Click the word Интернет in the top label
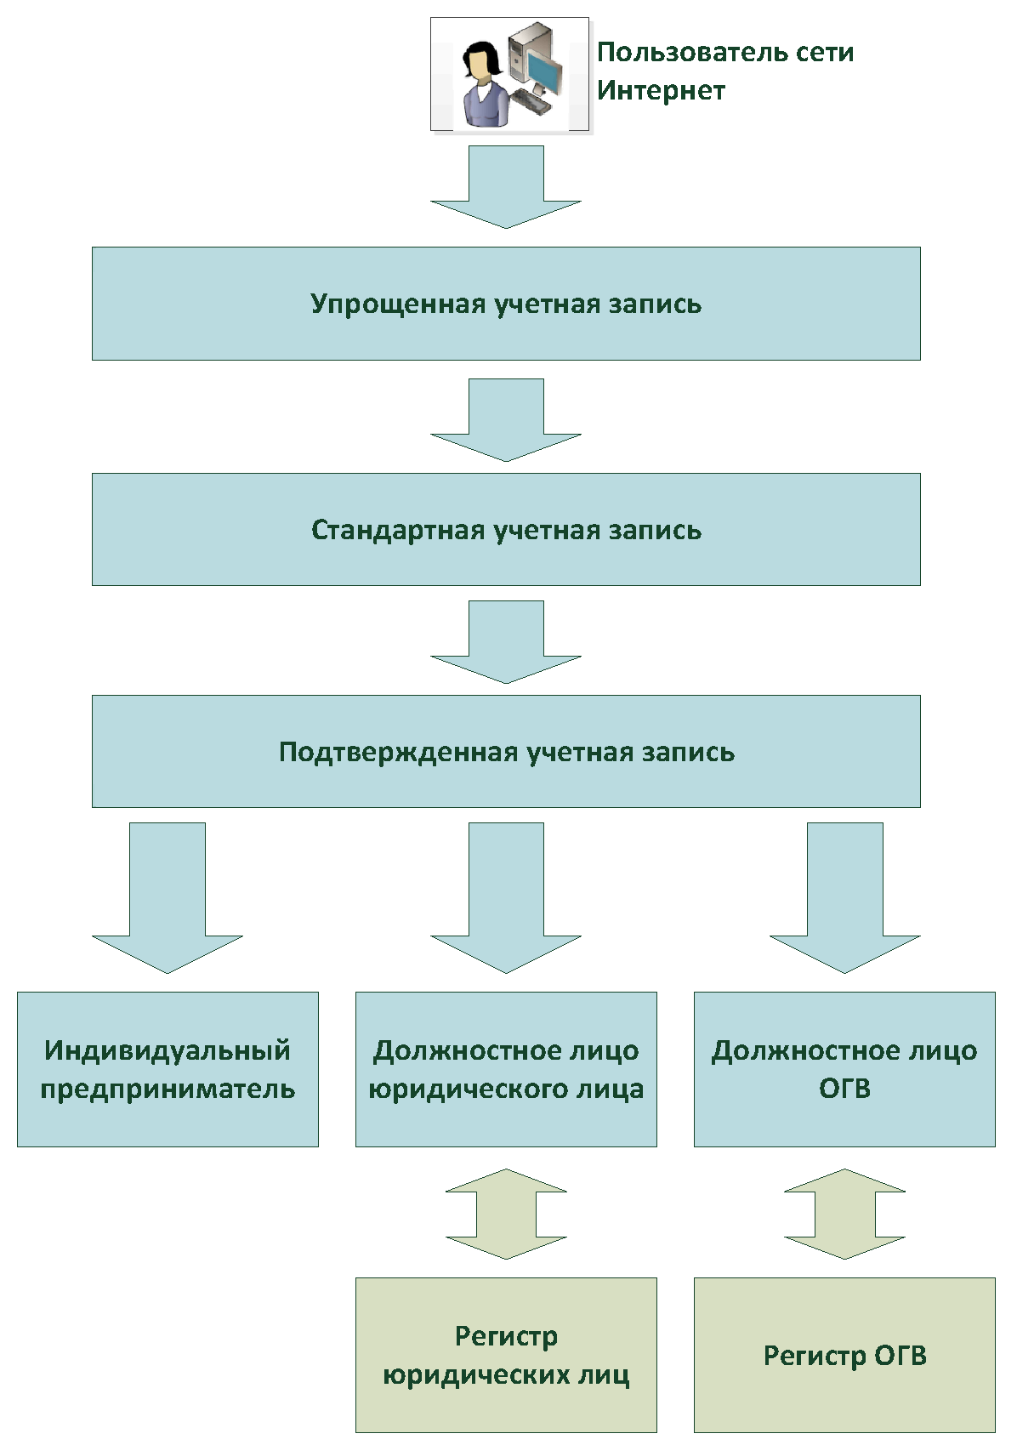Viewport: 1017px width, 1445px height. click(661, 90)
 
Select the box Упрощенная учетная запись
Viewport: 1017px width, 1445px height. click(506, 304)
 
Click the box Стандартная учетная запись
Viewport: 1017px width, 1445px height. click(506, 529)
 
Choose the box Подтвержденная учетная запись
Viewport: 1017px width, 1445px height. click(506, 751)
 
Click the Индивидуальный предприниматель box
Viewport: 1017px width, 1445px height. click(168, 1069)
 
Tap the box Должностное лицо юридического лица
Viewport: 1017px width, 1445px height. click(506, 1069)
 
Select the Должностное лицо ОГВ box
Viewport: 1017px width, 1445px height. click(844, 1069)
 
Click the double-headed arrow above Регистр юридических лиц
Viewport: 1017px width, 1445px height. click(506, 1214)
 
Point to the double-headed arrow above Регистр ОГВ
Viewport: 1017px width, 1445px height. click(844, 1214)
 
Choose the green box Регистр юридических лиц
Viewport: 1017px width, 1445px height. click(506, 1355)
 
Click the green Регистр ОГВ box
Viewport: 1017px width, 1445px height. click(844, 1355)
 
